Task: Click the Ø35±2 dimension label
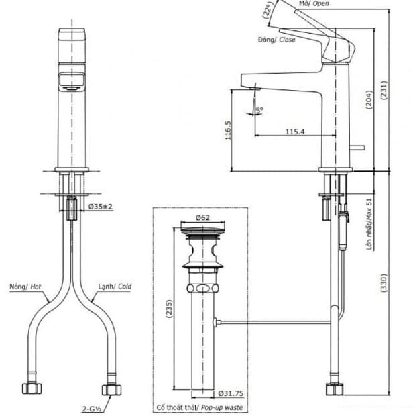point(101,206)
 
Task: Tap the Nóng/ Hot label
point(25,287)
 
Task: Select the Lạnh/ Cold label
point(115,287)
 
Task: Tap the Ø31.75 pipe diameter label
point(229,393)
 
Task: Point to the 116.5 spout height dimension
point(229,130)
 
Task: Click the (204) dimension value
point(369,99)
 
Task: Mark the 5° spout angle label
point(259,106)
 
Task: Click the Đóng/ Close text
point(276,40)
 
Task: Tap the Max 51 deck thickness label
point(369,225)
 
